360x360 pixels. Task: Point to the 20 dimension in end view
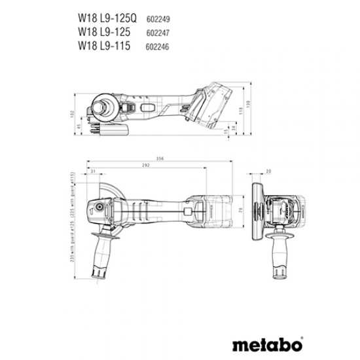pos(268,171)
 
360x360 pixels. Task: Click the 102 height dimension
pos(71,115)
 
